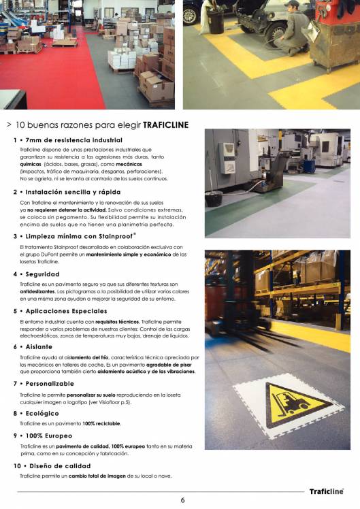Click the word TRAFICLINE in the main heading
point(165,125)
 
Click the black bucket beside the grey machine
point(214,198)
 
